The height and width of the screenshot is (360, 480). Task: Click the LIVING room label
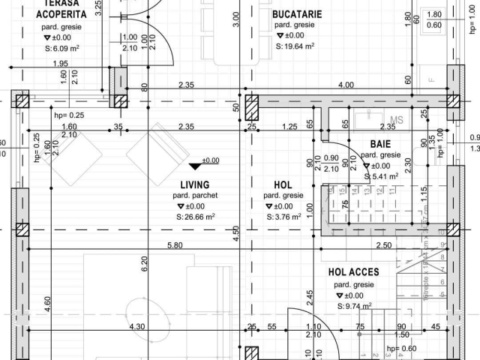(x=195, y=184)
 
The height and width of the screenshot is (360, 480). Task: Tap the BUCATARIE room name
(x=297, y=13)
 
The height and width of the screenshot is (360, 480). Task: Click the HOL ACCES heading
(x=353, y=272)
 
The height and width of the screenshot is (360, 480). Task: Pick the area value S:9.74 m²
(x=356, y=307)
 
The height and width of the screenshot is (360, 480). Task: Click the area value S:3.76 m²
(x=283, y=217)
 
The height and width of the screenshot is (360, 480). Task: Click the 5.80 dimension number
(x=174, y=245)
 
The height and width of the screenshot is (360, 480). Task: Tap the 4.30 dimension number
(x=136, y=326)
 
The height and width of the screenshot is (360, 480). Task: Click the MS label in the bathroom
(x=397, y=119)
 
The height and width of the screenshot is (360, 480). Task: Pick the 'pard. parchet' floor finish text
(x=195, y=196)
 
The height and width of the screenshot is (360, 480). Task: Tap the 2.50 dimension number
(x=382, y=245)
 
